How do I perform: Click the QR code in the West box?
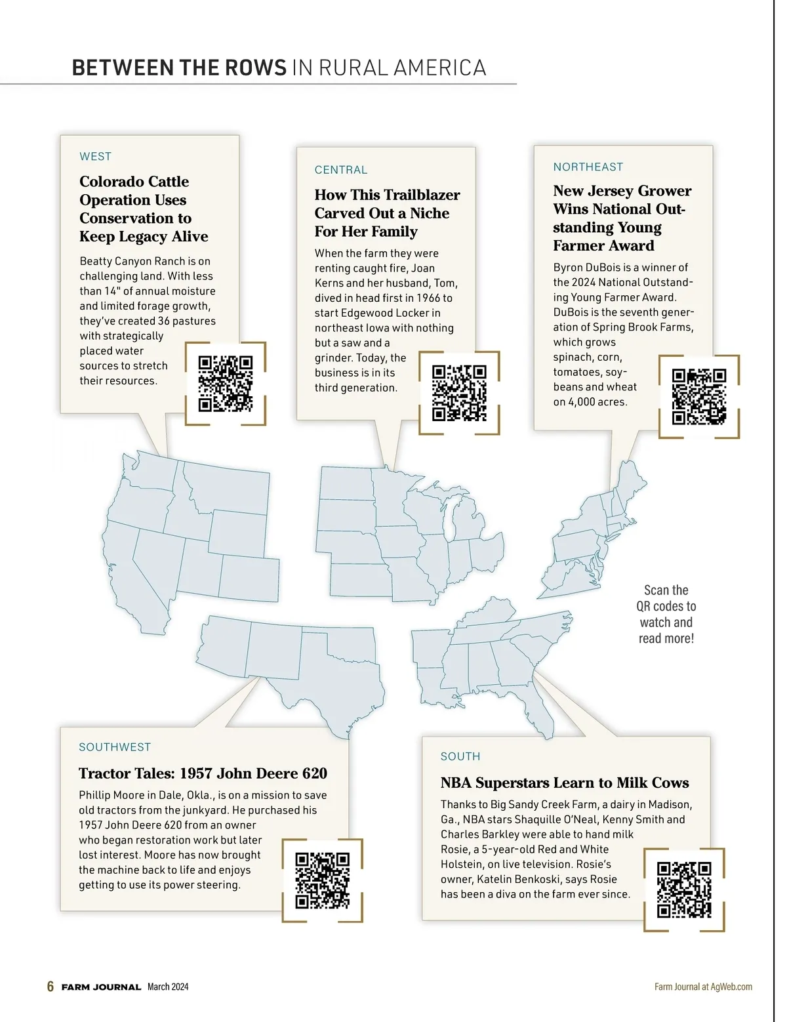point(225,384)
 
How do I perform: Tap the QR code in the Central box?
point(459,393)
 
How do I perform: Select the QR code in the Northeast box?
point(699,396)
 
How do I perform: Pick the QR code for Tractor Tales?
point(322,880)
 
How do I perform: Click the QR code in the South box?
point(684,889)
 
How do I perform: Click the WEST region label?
point(96,156)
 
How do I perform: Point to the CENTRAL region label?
point(341,170)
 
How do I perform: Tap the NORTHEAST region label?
point(588,167)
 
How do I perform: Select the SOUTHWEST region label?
point(115,747)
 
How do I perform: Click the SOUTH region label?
point(460,756)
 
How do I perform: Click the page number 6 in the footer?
point(50,987)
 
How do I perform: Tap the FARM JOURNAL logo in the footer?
point(101,987)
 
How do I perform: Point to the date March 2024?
point(168,987)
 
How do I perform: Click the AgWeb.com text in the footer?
point(731,987)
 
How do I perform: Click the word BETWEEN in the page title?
point(123,68)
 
